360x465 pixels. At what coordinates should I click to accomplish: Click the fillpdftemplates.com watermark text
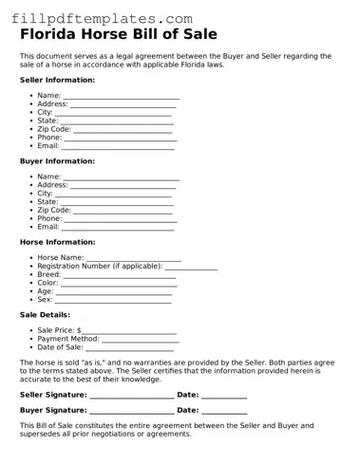[x=96, y=18]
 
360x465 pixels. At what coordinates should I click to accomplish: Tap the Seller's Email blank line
[x=118, y=147]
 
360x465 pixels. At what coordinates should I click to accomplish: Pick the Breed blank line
[x=120, y=275]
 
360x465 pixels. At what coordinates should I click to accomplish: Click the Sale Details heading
[x=45, y=314]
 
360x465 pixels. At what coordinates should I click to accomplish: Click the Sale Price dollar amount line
[x=129, y=331]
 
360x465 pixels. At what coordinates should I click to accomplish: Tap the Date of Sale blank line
[x=131, y=348]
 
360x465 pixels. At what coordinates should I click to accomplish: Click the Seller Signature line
[x=131, y=395]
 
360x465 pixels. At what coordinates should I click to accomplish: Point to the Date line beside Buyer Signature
[x=224, y=411]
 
